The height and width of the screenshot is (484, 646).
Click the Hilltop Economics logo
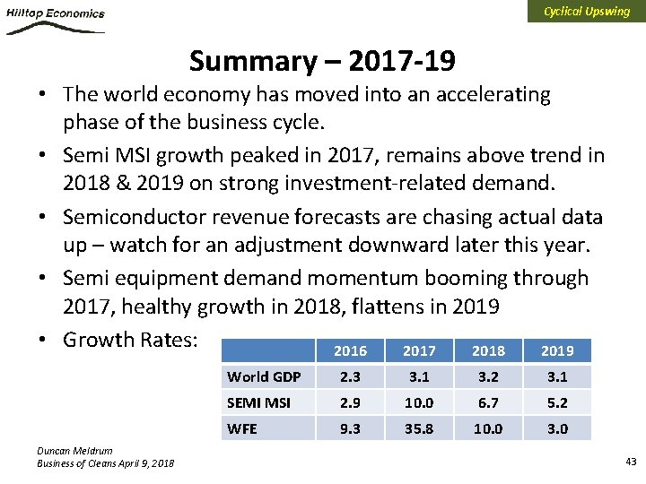click(x=55, y=19)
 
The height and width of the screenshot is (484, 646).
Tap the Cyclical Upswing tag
click(x=587, y=12)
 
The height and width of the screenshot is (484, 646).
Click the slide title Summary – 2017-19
click(x=322, y=61)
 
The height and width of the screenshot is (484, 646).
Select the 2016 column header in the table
click(x=349, y=350)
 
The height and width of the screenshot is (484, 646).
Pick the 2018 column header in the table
click(x=488, y=350)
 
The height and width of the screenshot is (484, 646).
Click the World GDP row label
click(x=264, y=376)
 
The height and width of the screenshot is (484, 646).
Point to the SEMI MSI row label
click(x=258, y=402)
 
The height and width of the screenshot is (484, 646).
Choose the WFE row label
click(x=242, y=428)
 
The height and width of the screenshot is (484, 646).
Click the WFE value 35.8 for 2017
click(x=418, y=428)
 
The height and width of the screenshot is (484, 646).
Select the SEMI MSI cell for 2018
click(x=488, y=402)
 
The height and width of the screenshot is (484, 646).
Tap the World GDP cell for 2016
click(x=349, y=376)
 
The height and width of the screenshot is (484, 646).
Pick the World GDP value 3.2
click(x=488, y=376)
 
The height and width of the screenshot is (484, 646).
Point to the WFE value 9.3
click(x=349, y=428)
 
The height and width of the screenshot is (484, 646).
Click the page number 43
click(x=630, y=461)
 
